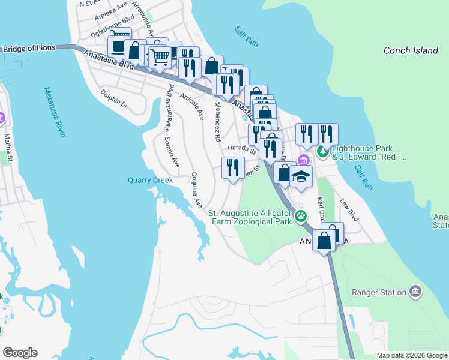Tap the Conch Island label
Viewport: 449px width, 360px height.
pos(411,50)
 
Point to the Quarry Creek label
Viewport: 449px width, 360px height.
pos(150,180)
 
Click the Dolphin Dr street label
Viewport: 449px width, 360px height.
pos(114,99)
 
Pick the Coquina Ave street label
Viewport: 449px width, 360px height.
pos(196,190)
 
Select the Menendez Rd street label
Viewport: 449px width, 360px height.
pos(217,121)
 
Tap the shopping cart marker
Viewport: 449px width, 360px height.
pos(160,58)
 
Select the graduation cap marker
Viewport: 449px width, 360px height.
pos(301,177)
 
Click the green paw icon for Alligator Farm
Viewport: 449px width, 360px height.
pos(300,217)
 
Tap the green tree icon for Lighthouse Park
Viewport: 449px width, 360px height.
pos(323,152)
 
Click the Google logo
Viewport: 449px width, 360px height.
pos(20,353)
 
